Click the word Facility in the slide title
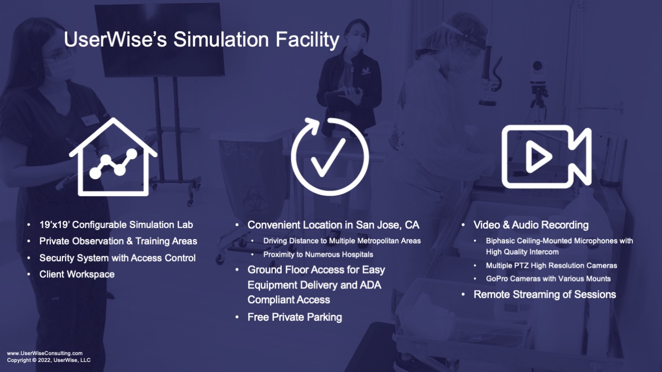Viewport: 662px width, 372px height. click(x=307, y=40)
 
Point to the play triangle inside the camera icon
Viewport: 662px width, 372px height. click(x=538, y=157)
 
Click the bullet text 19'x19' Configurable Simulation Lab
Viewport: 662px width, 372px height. click(x=116, y=225)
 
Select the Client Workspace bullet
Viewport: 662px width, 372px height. click(x=77, y=274)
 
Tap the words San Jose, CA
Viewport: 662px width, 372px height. click(x=388, y=225)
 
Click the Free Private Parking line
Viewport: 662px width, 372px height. click(x=294, y=317)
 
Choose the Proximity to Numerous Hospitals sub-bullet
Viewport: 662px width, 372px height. click(x=318, y=255)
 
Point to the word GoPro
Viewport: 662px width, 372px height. click(x=496, y=279)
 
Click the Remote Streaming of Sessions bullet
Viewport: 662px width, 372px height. click(x=544, y=294)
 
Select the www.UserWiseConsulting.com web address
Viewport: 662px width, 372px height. click(x=45, y=353)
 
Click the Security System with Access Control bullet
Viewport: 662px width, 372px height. click(x=118, y=258)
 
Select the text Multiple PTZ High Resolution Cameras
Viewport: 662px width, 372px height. click(x=551, y=266)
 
